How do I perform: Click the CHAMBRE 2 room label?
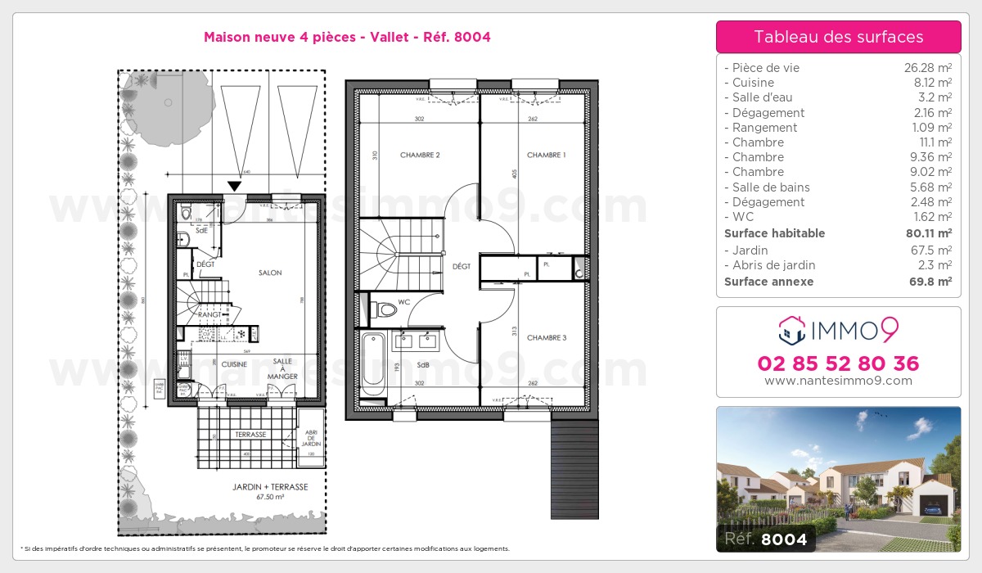click(x=420, y=155)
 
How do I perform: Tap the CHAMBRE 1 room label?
click(x=546, y=155)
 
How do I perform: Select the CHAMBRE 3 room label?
click(x=546, y=337)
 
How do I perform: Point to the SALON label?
click(x=270, y=273)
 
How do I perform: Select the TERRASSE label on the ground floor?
click(x=250, y=435)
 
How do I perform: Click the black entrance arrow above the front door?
click(x=235, y=187)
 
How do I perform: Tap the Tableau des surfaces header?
click(x=838, y=37)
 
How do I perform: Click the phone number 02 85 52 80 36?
click(x=838, y=363)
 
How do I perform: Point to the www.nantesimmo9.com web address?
click(x=838, y=381)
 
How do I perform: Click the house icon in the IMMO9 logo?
click(x=790, y=331)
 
